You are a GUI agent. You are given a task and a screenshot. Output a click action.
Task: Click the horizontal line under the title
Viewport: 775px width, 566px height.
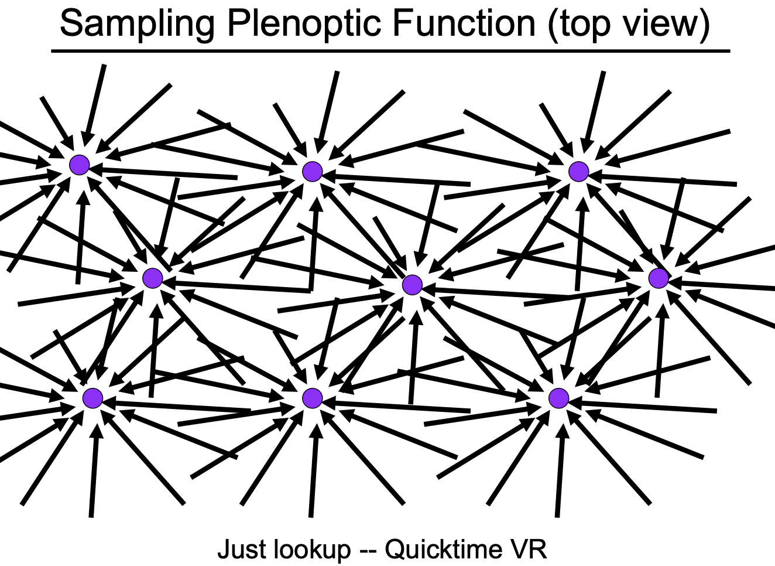[390, 52]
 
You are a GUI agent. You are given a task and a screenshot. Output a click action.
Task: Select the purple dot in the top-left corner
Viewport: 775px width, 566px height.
[79, 165]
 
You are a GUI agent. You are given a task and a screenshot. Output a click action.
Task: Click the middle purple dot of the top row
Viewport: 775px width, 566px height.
[313, 172]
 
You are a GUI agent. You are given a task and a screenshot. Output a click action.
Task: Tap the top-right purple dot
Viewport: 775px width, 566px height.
[579, 172]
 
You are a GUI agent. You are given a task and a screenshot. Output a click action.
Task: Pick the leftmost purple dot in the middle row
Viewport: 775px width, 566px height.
[152, 278]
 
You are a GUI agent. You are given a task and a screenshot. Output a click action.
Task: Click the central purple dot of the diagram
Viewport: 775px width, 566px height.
[413, 285]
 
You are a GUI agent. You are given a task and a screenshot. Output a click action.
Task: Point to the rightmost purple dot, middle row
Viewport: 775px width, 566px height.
[659, 278]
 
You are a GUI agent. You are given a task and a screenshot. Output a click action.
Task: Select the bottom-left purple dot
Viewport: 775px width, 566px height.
[92, 398]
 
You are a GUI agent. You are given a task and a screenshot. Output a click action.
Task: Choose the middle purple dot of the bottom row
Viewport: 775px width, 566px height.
[313, 398]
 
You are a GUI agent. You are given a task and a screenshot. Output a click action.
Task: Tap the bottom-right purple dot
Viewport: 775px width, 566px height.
[559, 398]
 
